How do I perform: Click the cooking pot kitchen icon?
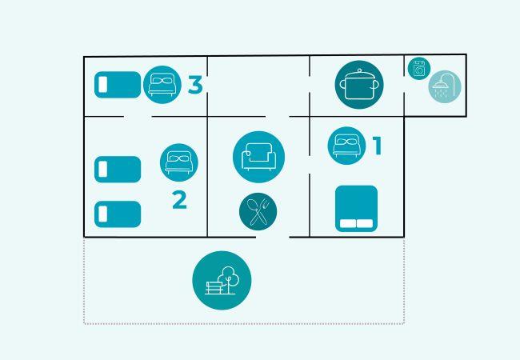(359, 85)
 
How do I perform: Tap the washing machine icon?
(419, 69)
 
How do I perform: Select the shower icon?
(445, 86)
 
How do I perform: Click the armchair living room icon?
(258, 157)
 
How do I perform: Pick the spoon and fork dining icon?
(258, 211)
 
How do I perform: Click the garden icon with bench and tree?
(222, 281)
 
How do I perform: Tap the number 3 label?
(195, 85)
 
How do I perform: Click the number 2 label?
(179, 200)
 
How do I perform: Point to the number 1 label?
(377, 146)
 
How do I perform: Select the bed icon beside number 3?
(162, 85)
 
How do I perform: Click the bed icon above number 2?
(179, 162)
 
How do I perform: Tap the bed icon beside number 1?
(347, 146)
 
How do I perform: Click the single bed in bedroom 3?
(118, 85)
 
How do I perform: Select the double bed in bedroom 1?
(357, 209)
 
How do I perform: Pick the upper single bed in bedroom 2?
(118, 170)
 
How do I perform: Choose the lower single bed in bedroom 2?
(118, 214)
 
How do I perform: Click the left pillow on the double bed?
(348, 223)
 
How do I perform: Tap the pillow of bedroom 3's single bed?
(103, 85)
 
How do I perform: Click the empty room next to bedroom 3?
(258, 86)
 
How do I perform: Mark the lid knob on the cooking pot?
(359, 70)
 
